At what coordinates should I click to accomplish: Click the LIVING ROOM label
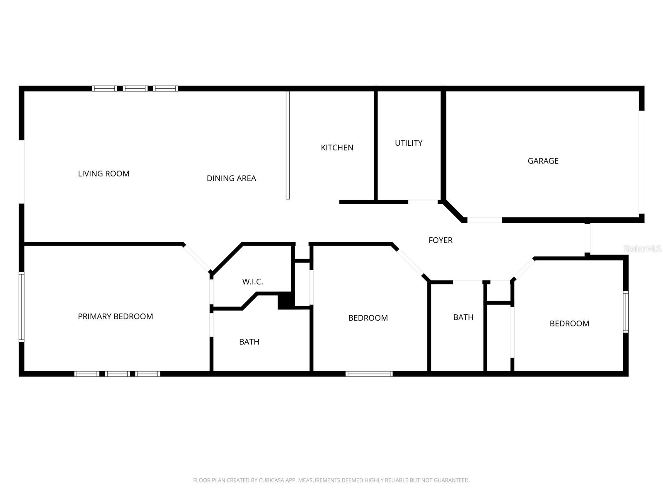(104, 174)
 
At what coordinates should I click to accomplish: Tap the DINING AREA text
(231, 178)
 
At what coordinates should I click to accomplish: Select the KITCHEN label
(337, 147)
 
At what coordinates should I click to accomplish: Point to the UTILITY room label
(409, 143)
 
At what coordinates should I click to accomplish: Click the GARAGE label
(543, 161)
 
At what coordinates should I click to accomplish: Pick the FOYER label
(440, 240)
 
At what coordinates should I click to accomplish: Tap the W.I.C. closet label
(252, 282)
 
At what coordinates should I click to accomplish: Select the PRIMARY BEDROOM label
(115, 316)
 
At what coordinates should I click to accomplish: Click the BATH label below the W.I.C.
(249, 342)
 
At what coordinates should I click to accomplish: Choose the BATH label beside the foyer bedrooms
(463, 317)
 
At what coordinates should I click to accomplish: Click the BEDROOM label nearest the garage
(569, 323)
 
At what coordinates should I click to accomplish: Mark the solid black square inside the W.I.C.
(285, 300)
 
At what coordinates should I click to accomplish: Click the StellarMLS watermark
(642, 248)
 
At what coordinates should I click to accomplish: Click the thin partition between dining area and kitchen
(288, 145)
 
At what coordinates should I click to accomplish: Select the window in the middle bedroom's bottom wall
(369, 374)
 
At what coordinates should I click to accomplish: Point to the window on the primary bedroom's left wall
(22, 306)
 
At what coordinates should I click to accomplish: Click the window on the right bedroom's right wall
(626, 311)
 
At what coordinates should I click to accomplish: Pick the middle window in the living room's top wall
(135, 88)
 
